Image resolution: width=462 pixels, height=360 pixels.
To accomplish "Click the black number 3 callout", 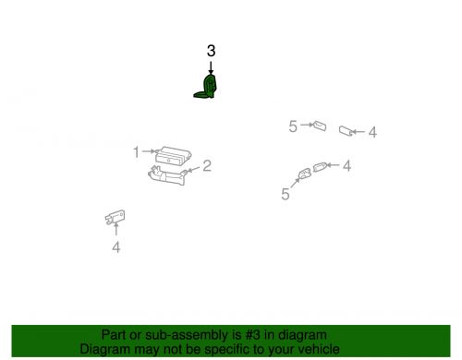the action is point(211,51).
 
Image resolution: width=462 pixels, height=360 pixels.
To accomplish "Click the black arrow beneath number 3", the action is point(211,68).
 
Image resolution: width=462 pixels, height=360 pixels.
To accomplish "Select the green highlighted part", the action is point(206,87).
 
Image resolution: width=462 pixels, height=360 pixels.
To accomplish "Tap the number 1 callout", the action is point(136,152).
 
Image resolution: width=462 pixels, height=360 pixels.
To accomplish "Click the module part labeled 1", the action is point(174,156).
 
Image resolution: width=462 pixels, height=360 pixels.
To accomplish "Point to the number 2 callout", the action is point(207,166).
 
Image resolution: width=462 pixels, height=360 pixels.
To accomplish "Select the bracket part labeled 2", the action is point(168,175).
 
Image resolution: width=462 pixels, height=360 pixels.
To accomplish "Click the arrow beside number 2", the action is point(194,169).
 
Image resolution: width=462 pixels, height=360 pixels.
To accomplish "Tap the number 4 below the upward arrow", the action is point(115,247).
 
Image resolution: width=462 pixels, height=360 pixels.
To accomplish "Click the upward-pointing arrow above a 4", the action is point(116,229).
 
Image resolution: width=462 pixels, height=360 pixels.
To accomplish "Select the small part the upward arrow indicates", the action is point(115,217).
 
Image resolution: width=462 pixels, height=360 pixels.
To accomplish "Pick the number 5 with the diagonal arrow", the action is point(286,194).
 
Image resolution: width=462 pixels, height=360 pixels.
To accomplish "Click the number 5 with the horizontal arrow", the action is point(293,126).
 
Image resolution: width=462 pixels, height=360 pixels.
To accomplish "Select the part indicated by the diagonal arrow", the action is point(304,174).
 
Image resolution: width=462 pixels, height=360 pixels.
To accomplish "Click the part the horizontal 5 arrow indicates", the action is point(320,126).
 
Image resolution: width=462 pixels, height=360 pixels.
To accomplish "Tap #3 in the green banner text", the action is point(253,335).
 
